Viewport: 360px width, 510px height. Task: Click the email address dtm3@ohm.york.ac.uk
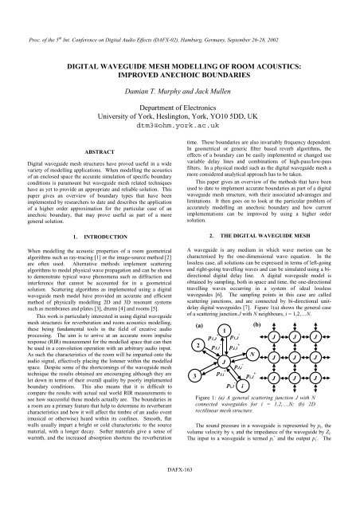click(180, 125)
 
